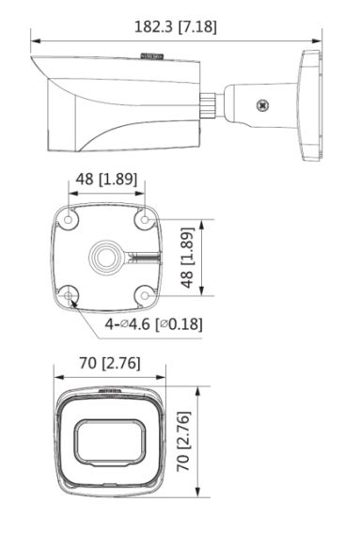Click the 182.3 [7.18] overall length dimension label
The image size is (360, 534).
click(x=176, y=27)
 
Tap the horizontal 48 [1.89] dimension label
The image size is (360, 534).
click(x=106, y=179)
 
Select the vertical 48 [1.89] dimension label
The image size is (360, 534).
click(x=187, y=258)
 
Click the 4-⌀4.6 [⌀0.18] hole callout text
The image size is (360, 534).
click(x=153, y=323)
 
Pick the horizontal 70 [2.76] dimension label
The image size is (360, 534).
click(x=110, y=363)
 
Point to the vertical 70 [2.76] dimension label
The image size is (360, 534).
click(x=183, y=442)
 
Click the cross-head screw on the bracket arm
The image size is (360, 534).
click(x=262, y=105)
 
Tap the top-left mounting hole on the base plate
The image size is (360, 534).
click(x=68, y=220)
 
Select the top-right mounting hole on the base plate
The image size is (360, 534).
click(x=145, y=220)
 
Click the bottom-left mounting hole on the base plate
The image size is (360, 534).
click(x=68, y=295)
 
